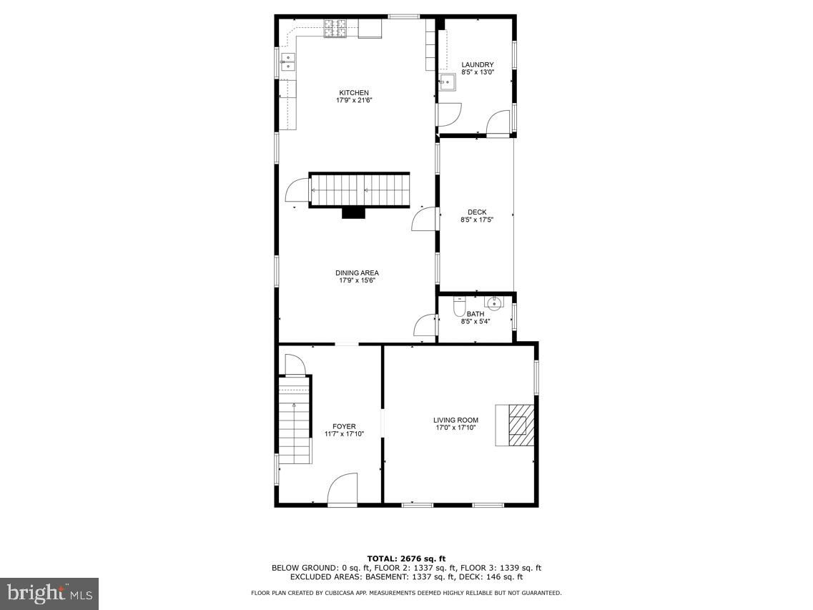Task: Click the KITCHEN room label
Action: click(354, 93)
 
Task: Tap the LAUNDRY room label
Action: click(478, 65)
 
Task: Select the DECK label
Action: click(477, 212)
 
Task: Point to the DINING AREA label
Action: click(358, 273)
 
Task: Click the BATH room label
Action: click(476, 314)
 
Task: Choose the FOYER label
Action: click(344, 426)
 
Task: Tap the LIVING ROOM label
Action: click(455, 420)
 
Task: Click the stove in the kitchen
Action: click(336, 29)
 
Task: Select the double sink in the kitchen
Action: click(287, 62)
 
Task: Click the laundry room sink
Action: click(447, 82)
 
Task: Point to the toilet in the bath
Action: click(459, 307)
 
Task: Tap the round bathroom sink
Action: click(493, 302)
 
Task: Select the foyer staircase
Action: click(295, 420)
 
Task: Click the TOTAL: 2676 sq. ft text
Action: click(406, 559)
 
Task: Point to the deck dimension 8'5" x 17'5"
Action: click(477, 220)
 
